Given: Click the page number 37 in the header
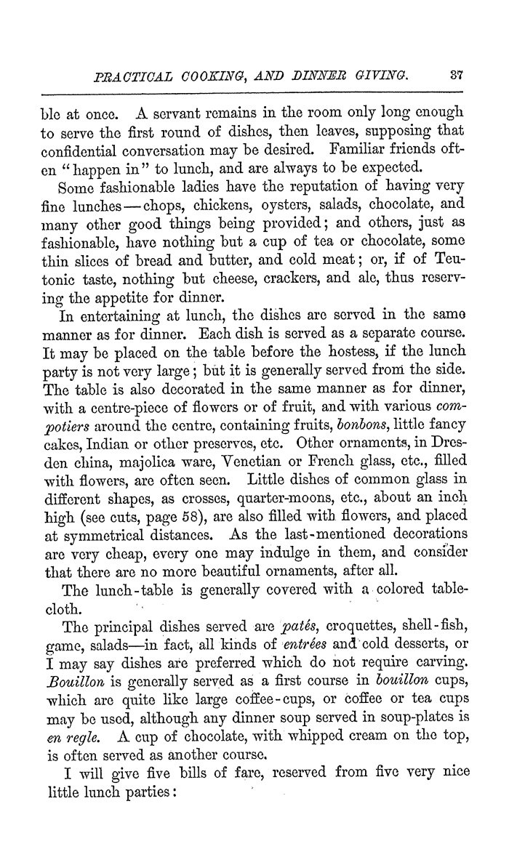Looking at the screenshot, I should [x=457, y=73].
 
